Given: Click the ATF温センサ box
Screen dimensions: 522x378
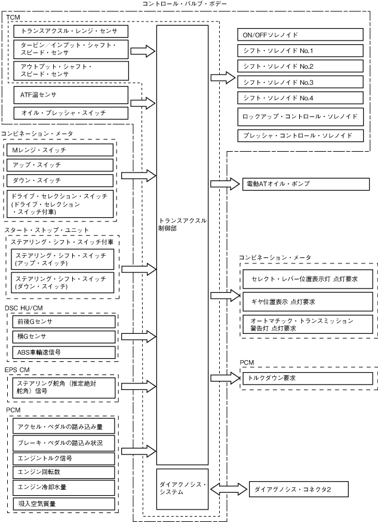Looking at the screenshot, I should coord(70,94).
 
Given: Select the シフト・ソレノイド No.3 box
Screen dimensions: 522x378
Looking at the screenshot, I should coord(300,81).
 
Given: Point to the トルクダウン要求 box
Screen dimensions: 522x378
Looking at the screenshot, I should coord(307,378).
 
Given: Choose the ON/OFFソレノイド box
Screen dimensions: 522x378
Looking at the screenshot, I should coord(300,35).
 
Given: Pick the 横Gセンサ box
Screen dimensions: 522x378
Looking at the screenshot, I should coord(63,337).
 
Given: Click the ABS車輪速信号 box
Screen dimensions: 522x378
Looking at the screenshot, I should coord(63,352).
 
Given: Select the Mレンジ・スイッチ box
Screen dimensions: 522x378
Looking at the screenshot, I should coord(63,149).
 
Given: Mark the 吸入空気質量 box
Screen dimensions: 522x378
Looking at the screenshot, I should coord(63,503).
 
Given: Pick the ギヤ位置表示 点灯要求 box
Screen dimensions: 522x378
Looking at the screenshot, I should coord(307,302).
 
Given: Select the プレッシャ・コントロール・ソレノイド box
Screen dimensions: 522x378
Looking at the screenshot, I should coord(300,136).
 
